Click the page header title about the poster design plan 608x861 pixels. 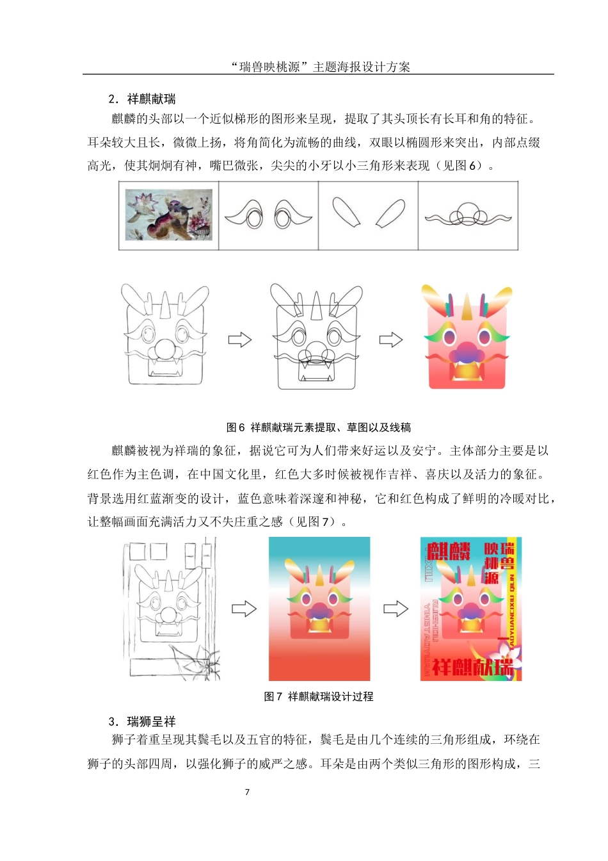click(320, 67)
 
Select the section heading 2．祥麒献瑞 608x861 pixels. click(142, 99)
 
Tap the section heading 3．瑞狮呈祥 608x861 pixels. click(142, 721)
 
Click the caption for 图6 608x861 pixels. click(319, 427)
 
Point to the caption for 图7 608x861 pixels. click(319, 696)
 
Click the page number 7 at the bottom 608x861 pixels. click(248, 792)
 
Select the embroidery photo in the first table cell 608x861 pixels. click(169, 215)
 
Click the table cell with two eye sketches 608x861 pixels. click(269, 215)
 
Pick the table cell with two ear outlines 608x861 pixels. click(369, 215)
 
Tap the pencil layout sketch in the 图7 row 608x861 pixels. click(171, 609)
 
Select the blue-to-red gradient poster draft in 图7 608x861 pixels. click(319, 609)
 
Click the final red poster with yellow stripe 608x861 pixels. click(471, 609)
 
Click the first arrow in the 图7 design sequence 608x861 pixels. click(244, 609)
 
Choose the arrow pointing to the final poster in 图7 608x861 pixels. click(396, 609)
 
